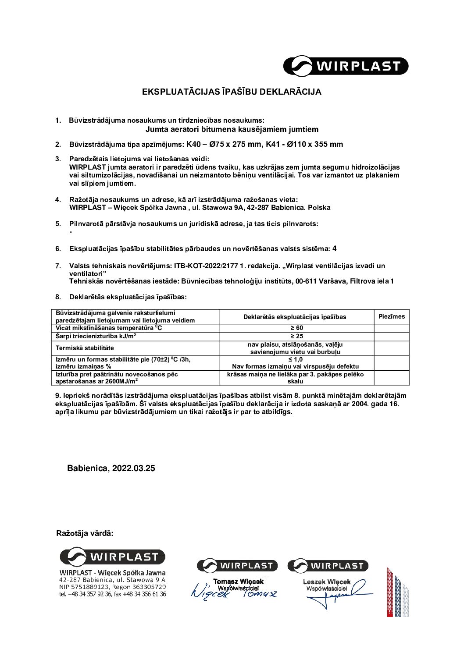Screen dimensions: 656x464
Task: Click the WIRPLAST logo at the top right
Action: tap(346, 66)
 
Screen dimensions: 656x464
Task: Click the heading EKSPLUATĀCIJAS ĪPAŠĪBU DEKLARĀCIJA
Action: tap(232, 92)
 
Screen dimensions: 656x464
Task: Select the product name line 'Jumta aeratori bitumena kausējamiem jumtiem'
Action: tap(232, 129)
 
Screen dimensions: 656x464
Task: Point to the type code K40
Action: tap(195, 144)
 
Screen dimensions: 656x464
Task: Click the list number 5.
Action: tap(58, 224)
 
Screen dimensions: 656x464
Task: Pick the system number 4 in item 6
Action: tap(335, 248)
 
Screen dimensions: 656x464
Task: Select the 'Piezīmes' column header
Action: tap(391, 316)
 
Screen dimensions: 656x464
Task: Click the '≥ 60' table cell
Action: tap(296, 328)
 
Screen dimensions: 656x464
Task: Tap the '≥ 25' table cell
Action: tap(296, 336)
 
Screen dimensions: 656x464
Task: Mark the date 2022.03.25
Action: tap(133, 468)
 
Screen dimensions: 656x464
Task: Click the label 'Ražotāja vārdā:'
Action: tap(85, 533)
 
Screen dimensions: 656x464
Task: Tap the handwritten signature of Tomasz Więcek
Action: tap(234, 592)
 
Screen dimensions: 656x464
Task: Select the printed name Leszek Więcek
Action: tap(327, 582)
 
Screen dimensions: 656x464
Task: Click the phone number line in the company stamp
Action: tap(112, 594)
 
